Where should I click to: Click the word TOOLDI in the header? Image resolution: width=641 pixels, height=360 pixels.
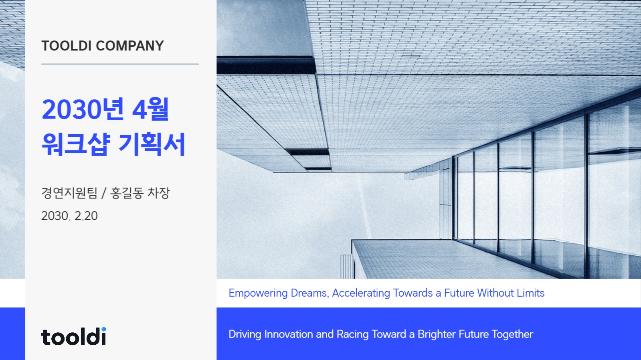point(67,46)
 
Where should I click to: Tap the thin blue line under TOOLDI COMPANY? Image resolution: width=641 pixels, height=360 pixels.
point(120,64)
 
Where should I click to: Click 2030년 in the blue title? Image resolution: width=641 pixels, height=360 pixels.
point(83,109)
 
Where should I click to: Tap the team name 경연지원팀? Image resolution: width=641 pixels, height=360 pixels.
point(69,193)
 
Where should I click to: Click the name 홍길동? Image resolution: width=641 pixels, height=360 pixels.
point(127,193)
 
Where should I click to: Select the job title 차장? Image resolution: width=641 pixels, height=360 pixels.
point(159,193)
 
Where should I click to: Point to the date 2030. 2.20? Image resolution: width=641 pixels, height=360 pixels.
point(69,216)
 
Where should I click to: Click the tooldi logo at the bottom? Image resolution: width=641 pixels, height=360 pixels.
point(73,337)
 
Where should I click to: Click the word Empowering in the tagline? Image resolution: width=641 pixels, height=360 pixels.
point(258,293)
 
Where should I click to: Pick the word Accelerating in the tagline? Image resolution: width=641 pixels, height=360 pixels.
point(361,293)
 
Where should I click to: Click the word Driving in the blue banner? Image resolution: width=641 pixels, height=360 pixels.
point(245,334)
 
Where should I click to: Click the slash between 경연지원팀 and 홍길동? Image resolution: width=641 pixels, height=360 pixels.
point(103,193)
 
